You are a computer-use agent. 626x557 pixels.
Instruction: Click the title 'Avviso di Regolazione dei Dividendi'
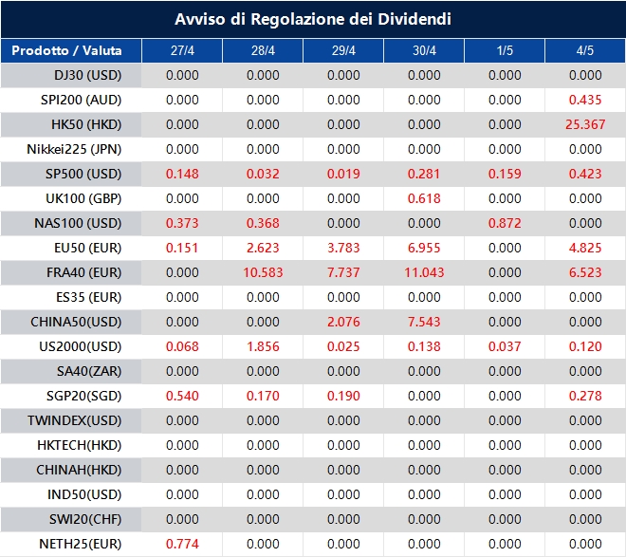pos(313,19)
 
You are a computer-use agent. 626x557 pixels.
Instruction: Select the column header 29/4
pos(343,50)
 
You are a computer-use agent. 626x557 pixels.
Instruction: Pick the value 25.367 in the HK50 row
pos(584,124)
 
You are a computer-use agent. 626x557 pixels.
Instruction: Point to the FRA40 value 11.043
pos(424,272)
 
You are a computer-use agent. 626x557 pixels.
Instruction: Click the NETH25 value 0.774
pos(182,544)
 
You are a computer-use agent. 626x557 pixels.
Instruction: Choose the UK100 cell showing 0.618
pos(424,198)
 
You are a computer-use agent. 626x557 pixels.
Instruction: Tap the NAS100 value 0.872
pos(505,223)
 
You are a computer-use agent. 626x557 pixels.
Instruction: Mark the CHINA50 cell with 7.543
pos(424,322)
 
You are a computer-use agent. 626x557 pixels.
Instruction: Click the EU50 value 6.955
pos(424,248)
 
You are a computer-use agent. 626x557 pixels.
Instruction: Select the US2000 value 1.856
pos(263,346)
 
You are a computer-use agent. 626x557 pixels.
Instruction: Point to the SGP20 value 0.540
pos(182,396)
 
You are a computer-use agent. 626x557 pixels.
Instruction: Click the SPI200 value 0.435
pos(584,100)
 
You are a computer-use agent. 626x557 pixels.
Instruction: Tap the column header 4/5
pos(584,50)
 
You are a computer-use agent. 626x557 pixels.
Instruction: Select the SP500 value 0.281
pos(424,174)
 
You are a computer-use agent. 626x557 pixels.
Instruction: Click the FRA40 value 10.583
pos(263,272)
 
